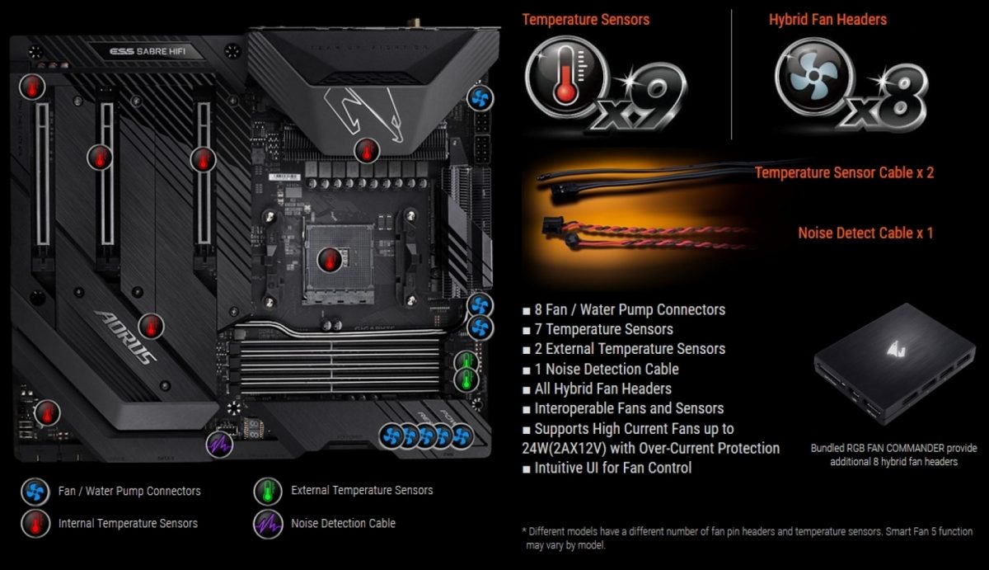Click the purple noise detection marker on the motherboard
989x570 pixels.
[219, 444]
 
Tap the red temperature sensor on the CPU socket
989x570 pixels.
[330, 259]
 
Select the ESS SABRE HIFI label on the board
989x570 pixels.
[148, 51]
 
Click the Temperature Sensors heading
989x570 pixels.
[585, 20]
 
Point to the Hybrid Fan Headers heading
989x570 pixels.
[827, 20]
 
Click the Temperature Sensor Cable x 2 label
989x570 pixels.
[844, 172]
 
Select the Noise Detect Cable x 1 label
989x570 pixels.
[865, 233]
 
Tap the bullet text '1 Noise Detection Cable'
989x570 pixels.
[607, 369]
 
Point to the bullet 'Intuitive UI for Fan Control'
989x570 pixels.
[613, 468]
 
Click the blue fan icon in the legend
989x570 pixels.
[35, 492]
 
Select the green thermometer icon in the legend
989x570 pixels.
[268, 491]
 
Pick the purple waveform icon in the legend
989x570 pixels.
[268, 524]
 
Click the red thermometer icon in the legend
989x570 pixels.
[35, 524]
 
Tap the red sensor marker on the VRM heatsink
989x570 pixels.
[367, 151]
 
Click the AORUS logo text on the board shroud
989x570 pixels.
[126, 337]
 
